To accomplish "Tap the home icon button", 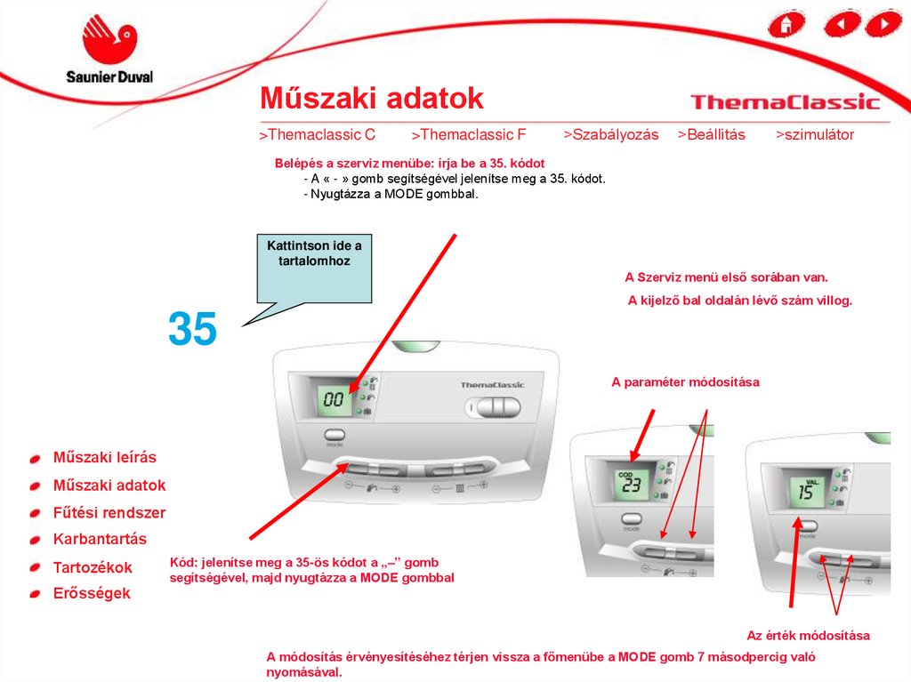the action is (786, 24).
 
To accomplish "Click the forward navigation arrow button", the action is (883, 24).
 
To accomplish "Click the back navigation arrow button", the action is (842, 24).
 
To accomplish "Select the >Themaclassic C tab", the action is (318, 135).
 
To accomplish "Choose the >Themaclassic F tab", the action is (468, 135).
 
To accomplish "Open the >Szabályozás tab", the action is (610, 135).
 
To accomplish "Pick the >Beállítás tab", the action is (711, 135).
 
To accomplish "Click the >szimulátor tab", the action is (815, 135).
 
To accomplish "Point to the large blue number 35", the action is (192, 329).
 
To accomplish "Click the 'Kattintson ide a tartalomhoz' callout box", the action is (314, 269).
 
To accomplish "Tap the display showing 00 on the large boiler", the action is (335, 398).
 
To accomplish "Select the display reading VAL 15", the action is (806, 491).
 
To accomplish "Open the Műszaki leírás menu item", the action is (105, 457).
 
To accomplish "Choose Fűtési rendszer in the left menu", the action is (109, 512).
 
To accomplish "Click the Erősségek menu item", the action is (92, 593).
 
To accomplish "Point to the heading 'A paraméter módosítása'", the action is (686, 382).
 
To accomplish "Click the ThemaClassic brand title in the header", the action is (785, 102).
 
